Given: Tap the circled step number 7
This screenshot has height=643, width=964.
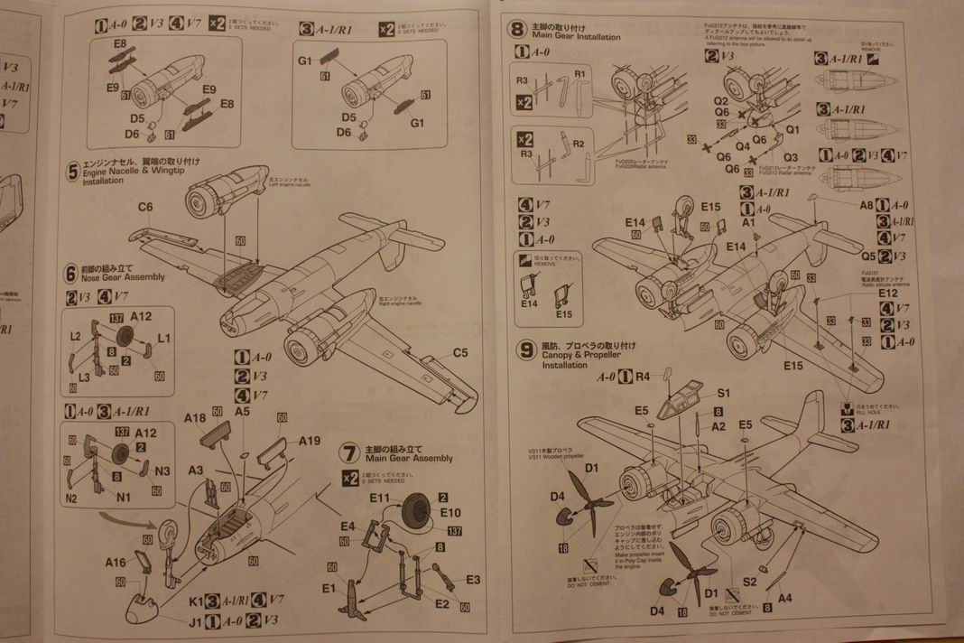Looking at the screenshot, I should [349, 452].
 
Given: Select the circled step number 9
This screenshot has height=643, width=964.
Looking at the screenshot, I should [525, 351].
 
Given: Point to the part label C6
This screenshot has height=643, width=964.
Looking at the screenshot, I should [145, 207].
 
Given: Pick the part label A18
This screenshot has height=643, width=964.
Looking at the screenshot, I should [194, 418].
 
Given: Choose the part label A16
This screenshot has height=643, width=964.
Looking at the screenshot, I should [116, 562].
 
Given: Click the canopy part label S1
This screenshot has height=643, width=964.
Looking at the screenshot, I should [723, 393].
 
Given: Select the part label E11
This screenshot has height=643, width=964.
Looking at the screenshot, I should [378, 498].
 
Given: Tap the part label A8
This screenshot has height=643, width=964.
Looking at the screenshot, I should [866, 204].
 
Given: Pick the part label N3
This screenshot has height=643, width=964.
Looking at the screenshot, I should [162, 470].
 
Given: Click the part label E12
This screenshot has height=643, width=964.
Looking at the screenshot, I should [887, 294].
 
